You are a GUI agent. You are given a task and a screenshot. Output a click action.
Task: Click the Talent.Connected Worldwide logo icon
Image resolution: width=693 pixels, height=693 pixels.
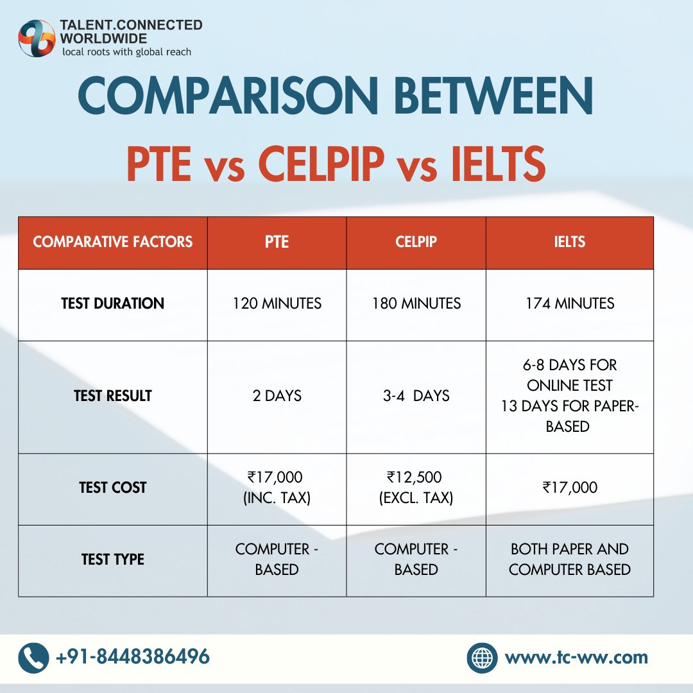[x=37, y=38]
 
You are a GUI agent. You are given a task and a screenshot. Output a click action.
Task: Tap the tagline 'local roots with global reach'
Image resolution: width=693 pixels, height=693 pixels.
[x=126, y=52]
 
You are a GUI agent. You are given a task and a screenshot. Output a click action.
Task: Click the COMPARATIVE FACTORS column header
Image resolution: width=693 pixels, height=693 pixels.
[x=113, y=242]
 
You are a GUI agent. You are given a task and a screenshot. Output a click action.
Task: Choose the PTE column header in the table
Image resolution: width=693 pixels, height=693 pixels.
[x=277, y=242]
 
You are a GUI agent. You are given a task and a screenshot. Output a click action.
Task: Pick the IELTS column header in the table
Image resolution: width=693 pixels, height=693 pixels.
[x=569, y=242]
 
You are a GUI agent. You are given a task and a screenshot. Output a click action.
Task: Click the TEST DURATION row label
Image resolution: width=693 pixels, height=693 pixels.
[x=113, y=304]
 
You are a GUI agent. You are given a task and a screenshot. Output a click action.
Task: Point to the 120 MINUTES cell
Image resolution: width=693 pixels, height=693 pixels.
[x=277, y=304]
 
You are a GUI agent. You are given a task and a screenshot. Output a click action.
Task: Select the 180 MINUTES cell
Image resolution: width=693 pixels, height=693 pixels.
[x=416, y=304]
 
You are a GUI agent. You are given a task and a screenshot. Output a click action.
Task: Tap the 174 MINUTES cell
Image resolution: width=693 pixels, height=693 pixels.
[x=569, y=304]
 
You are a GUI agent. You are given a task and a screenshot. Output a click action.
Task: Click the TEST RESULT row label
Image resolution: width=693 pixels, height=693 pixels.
[x=113, y=396]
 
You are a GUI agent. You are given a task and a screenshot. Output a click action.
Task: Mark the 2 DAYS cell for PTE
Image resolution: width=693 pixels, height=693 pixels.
[x=277, y=396]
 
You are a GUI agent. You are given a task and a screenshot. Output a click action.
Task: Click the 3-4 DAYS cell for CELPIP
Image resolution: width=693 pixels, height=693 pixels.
[x=416, y=396]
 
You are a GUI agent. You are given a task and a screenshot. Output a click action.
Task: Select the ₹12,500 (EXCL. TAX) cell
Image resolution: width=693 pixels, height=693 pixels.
[x=416, y=488]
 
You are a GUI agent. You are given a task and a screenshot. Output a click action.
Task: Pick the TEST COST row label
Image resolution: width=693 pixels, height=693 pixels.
[x=113, y=488]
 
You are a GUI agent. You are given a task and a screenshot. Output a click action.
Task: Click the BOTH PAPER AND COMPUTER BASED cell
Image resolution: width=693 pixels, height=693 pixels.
[x=569, y=559]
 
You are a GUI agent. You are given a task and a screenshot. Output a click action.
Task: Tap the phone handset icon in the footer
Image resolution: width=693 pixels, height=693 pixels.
[x=33, y=658]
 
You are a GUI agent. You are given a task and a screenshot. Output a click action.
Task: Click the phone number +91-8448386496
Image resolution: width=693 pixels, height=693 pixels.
[x=133, y=657]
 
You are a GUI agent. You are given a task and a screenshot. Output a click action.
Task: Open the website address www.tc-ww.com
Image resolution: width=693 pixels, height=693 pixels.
[x=576, y=658]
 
